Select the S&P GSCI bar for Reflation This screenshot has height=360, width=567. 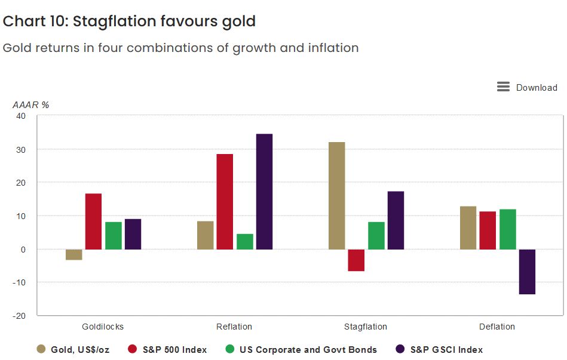[264, 191]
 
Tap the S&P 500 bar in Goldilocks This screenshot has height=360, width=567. [93, 221]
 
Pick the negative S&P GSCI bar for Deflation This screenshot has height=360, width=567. [527, 272]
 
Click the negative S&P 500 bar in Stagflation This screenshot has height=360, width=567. [356, 260]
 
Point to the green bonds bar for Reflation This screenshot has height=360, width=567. [245, 241]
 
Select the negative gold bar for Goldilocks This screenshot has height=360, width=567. [74, 254]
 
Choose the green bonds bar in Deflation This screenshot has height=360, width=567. [507, 229]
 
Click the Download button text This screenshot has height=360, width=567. [537, 88]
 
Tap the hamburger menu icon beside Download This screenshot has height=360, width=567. [503, 87]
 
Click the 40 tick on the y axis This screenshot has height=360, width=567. [21, 116]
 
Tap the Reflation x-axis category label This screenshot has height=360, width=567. [234, 327]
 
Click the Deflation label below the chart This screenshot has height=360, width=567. [497, 327]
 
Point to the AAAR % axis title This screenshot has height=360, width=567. [31, 104]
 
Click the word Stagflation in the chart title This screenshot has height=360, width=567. [114, 21]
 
